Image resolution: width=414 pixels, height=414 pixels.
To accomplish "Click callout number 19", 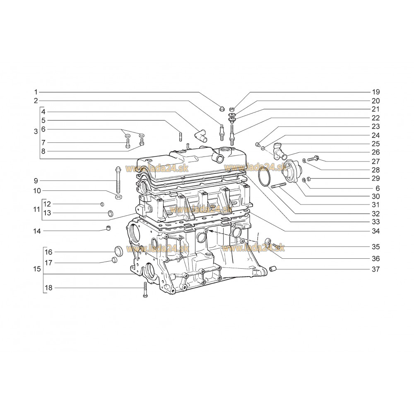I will (375, 92).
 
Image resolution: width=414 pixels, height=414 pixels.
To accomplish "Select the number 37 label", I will (375, 270).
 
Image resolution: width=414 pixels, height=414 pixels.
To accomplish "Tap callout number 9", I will (36, 181).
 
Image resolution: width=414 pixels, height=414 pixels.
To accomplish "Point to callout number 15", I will (36, 269).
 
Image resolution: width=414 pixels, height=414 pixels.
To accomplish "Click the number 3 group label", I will (36, 131).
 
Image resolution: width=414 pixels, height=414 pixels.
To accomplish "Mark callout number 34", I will (375, 231).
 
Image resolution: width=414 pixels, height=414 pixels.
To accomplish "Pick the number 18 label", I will (48, 288).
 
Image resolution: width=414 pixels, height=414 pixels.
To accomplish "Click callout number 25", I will (375, 144).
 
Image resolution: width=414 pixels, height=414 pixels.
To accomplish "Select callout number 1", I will (36, 91).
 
